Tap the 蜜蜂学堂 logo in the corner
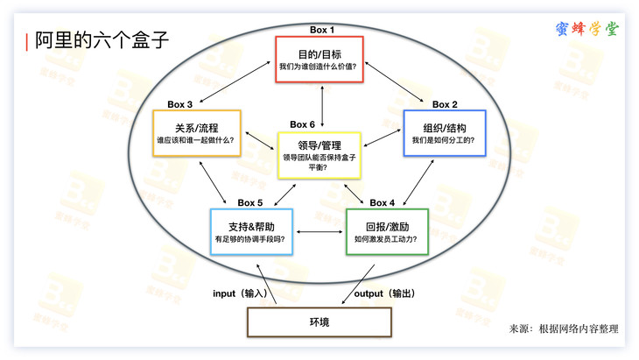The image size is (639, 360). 586,28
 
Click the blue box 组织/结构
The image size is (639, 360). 444,133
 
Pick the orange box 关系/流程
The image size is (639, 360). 196,133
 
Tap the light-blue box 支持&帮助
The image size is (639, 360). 254,231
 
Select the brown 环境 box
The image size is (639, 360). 319,322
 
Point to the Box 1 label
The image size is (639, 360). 322,30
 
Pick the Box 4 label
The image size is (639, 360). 383,203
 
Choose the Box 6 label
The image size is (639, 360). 302,124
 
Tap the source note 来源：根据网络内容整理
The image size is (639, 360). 564,328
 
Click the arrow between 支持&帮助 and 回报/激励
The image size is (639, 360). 319,232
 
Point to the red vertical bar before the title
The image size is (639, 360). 27,41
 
